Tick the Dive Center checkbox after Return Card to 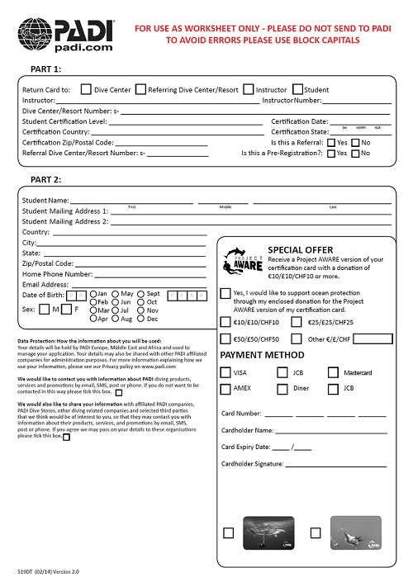tap(87, 88)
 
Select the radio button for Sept tap(140, 294)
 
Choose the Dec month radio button tap(140, 318)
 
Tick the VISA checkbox tap(226, 372)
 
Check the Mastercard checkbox tap(333, 372)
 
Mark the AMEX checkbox tap(226, 388)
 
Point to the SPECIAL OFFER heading tap(301, 249)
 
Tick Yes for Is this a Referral tap(330, 142)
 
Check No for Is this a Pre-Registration tap(354, 153)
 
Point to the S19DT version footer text tap(52, 571)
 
